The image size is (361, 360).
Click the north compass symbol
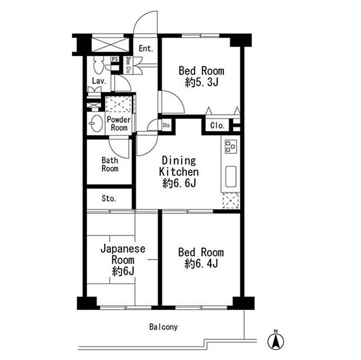[276, 340]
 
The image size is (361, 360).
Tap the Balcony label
[163, 327]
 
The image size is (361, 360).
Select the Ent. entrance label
[146, 48]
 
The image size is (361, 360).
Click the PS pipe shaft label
[115, 59]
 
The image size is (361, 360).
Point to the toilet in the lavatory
[99, 65]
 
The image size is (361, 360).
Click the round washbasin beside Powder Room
[96, 123]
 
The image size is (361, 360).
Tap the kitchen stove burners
[231, 146]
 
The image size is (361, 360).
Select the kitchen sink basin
[231, 176]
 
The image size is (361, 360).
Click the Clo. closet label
[217, 125]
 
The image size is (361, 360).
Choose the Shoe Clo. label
[128, 65]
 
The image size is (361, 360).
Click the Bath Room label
[110, 165]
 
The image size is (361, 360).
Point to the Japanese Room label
[123, 255]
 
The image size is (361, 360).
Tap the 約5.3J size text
[202, 82]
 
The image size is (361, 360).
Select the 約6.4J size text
[201, 264]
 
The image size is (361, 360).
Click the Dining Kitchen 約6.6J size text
[179, 184]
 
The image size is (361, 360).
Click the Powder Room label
[119, 124]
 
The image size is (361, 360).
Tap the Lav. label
[99, 81]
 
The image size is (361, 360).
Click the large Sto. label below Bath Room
[109, 199]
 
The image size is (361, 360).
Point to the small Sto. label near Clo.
[167, 125]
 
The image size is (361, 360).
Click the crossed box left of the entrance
[110, 45]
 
